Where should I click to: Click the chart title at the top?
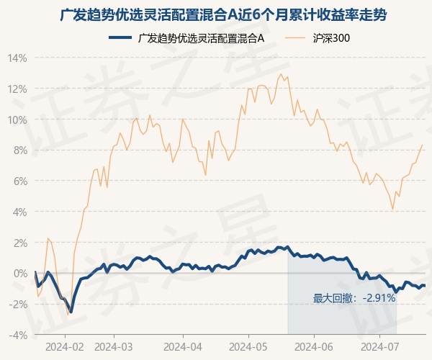click(223, 15)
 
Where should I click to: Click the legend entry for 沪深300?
click(317, 38)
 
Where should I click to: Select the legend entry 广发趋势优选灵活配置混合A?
click(186, 38)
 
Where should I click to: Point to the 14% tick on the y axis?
click(17, 58)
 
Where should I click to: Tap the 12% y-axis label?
click(17, 89)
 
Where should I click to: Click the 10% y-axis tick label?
click(17, 120)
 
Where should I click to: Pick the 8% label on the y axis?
click(20, 150)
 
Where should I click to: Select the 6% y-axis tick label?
click(20, 181)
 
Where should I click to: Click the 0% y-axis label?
click(20, 274)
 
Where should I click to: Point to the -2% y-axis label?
click(18, 305)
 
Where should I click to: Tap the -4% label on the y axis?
click(18, 336)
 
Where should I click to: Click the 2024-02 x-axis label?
click(65, 347)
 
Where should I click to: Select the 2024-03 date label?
click(114, 347)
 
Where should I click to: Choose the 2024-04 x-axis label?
click(183, 347)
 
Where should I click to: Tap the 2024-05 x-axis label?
click(248, 347)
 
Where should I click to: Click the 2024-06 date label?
click(314, 347)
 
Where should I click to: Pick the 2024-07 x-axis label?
click(379, 347)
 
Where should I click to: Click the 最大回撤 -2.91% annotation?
click(354, 298)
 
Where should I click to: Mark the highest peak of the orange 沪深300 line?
click(281, 74)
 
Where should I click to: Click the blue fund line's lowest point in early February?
click(71, 312)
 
